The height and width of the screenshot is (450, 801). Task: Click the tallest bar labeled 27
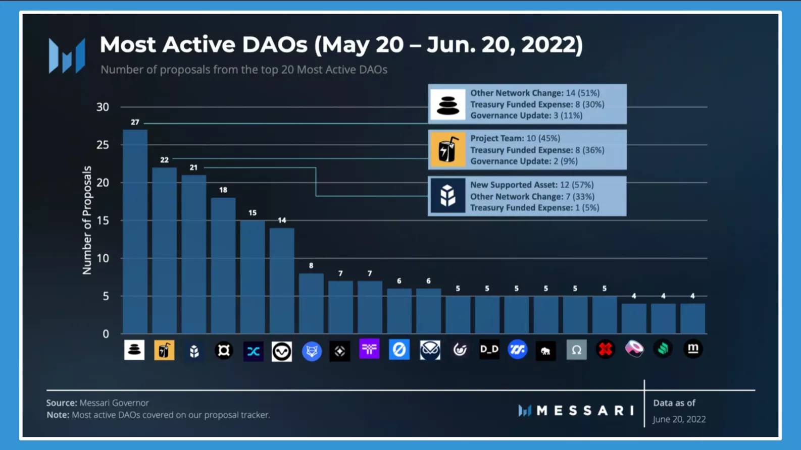click(135, 232)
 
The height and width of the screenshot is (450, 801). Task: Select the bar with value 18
click(223, 265)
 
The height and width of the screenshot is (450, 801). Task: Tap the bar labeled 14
click(282, 280)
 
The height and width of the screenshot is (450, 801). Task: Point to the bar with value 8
click(311, 303)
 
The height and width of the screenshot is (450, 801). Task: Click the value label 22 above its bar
click(164, 160)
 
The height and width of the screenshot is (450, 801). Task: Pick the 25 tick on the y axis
click(103, 145)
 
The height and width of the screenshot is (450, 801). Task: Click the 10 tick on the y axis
click(103, 258)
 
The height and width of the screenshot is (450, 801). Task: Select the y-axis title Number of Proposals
click(87, 220)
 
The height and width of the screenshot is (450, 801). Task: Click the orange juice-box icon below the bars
click(164, 350)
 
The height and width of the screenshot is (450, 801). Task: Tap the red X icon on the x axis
click(605, 349)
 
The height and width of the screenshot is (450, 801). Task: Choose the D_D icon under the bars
click(489, 349)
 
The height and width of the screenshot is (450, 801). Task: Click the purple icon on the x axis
click(369, 349)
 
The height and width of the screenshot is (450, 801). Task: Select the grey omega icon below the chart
click(576, 350)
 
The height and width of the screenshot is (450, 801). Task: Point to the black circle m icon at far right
click(693, 349)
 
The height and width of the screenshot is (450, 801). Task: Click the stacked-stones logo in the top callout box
click(447, 104)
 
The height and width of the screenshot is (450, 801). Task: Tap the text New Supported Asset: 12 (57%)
click(532, 185)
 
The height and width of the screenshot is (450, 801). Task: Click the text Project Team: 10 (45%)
click(515, 138)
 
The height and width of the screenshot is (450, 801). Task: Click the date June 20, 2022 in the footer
click(679, 419)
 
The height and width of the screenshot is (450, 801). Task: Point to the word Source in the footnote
click(61, 403)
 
